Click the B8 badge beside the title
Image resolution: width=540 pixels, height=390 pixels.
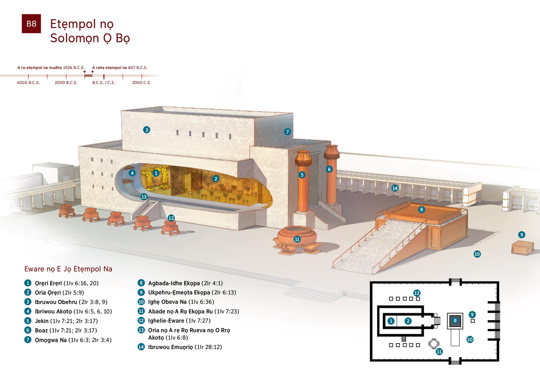click(x=31, y=24)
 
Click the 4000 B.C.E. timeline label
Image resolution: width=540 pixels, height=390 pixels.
click(x=28, y=82)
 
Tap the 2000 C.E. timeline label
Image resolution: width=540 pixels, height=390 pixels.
click(x=142, y=82)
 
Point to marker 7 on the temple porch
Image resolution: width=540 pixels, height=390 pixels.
click(x=287, y=131)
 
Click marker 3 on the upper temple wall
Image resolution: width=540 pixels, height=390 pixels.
click(x=146, y=130)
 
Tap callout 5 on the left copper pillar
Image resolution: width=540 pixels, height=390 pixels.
click(x=302, y=175)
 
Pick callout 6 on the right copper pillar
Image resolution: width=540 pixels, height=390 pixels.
click(x=329, y=169)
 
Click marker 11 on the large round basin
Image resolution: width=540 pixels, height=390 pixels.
click(x=297, y=239)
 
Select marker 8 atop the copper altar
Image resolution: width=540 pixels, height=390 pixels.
click(x=421, y=209)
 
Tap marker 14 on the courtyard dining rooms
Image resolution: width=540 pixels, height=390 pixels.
click(x=395, y=188)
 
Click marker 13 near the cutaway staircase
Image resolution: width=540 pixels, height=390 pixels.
click(x=144, y=197)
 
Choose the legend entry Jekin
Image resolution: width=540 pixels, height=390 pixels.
click(x=42, y=321)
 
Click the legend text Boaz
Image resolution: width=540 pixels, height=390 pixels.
click(x=41, y=330)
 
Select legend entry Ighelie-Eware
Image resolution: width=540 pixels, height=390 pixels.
click(x=166, y=321)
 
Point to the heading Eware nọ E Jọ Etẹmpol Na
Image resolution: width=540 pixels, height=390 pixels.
click(x=68, y=269)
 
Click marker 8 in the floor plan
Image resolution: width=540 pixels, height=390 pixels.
click(x=455, y=320)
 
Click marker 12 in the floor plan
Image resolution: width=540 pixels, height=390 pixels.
click(x=417, y=293)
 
